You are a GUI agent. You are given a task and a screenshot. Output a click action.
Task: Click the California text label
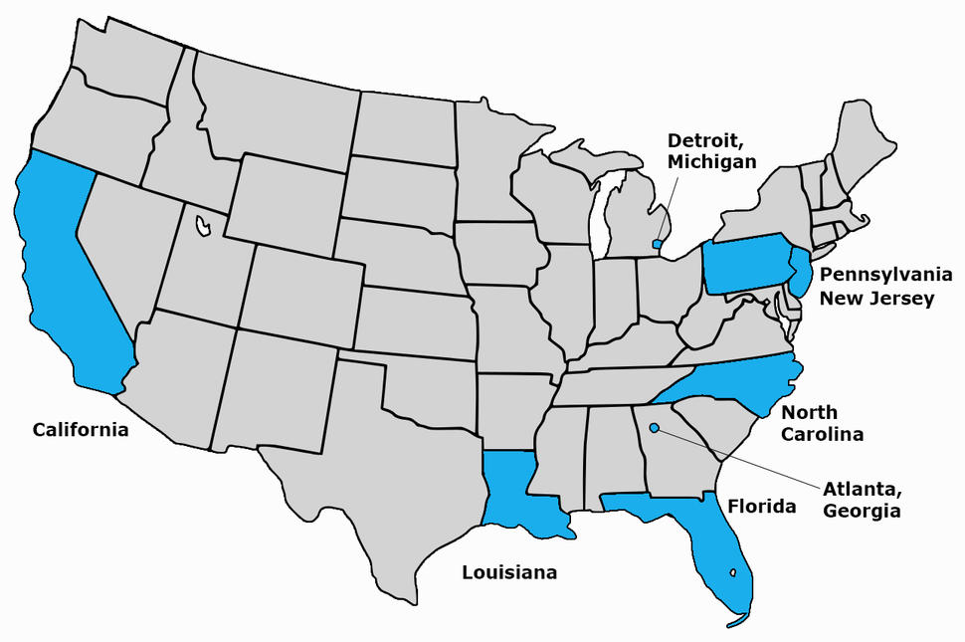81,430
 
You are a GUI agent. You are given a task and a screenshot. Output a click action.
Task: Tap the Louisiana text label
508,572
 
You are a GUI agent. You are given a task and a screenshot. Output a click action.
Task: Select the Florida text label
762,506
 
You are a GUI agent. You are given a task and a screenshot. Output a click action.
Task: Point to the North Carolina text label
822,423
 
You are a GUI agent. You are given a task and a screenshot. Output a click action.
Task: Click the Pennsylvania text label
877,274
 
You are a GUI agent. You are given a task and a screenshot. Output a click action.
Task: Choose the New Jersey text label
877,298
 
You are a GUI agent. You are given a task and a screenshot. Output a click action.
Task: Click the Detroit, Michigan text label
711,150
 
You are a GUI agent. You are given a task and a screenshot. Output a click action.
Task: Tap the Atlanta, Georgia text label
862,501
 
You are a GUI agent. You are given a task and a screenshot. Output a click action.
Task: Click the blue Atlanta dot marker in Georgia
654,429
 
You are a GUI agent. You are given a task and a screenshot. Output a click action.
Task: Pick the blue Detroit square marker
657,243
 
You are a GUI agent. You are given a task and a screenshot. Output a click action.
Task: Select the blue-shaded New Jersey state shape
799,270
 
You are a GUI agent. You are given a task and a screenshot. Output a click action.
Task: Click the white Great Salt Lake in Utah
203,226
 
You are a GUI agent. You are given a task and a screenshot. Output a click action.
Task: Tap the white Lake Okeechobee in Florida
733,572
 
